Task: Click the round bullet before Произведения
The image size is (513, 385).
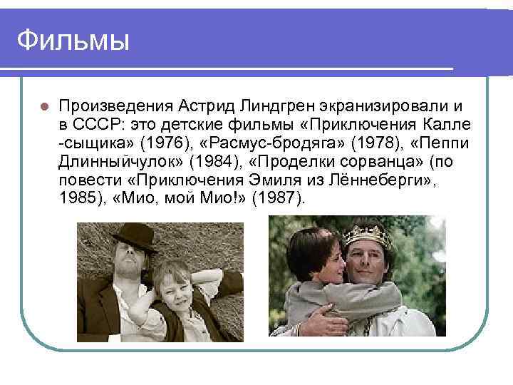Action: click(43, 106)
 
